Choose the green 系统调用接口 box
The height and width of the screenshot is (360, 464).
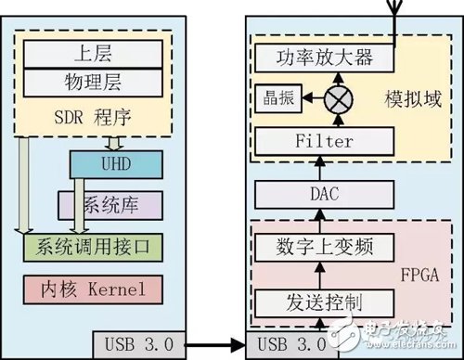(x=98, y=246)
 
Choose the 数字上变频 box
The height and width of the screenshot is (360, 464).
(x=318, y=246)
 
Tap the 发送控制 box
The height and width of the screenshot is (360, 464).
(x=318, y=302)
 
